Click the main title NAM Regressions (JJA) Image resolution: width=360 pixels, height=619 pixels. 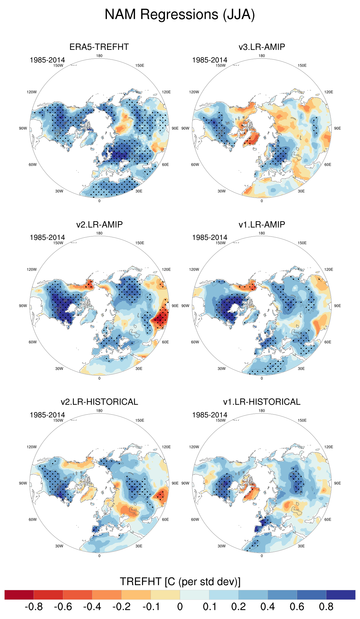[x=180, y=15]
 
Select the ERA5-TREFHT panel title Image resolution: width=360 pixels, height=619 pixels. [x=99, y=47]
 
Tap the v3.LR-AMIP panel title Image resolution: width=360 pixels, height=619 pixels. [x=262, y=47]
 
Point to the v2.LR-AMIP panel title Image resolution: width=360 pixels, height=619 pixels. [x=99, y=224]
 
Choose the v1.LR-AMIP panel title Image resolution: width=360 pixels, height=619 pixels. [x=262, y=224]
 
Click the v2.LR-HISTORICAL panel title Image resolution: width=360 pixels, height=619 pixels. [x=99, y=402]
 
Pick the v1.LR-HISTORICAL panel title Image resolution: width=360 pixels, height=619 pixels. [x=262, y=402]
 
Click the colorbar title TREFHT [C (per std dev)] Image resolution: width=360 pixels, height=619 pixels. [x=180, y=582]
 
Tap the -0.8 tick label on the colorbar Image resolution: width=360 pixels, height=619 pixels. [x=34, y=607]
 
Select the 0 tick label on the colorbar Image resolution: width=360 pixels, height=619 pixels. [x=180, y=607]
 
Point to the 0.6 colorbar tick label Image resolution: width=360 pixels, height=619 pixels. [x=297, y=607]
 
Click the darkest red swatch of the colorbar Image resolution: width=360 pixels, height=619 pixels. [x=19, y=595]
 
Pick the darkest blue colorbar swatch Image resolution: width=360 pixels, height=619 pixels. [x=341, y=595]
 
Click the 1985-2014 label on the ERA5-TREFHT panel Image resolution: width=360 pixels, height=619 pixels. [x=47, y=60]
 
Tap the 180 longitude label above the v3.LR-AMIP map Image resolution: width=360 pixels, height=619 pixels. [x=262, y=56]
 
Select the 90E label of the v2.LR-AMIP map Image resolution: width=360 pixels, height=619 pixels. [x=175, y=306]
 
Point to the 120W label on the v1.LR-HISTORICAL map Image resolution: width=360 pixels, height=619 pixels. [x=194, y=447]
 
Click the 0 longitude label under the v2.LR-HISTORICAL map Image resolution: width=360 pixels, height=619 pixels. [x=99, y=556]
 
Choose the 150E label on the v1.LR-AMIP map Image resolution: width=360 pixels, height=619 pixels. [x=302, y=243]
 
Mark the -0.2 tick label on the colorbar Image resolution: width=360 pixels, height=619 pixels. [x=121, y=607]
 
